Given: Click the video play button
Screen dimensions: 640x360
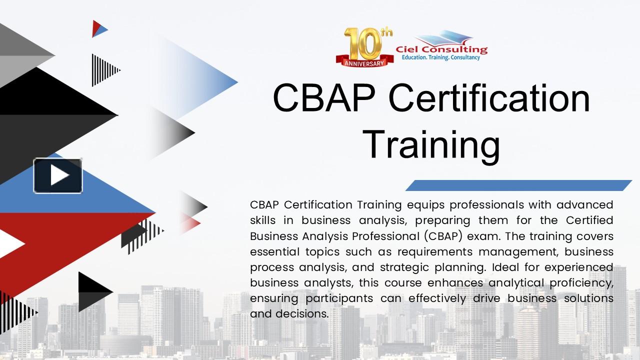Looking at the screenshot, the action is point(58,175).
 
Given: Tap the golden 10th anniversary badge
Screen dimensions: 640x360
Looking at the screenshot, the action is point(365,47).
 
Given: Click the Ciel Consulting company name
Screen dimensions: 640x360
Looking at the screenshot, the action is point(441,49).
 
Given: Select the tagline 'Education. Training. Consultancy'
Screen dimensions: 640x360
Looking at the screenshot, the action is point(441,57).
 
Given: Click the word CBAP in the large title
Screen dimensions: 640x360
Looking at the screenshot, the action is point(324,97).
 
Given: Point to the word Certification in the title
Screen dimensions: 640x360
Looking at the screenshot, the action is point(489,97).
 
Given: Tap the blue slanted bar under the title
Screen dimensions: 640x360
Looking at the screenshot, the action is point(518,185).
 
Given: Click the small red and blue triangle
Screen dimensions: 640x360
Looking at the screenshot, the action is point(99,28).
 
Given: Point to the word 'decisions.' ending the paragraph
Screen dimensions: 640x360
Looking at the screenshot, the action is point(302,313).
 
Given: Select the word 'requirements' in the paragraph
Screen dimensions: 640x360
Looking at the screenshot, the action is point(434,252).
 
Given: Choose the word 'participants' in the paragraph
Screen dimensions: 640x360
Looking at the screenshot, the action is point(339,298).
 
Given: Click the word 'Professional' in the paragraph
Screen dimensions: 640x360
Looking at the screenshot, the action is point(386,236).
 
